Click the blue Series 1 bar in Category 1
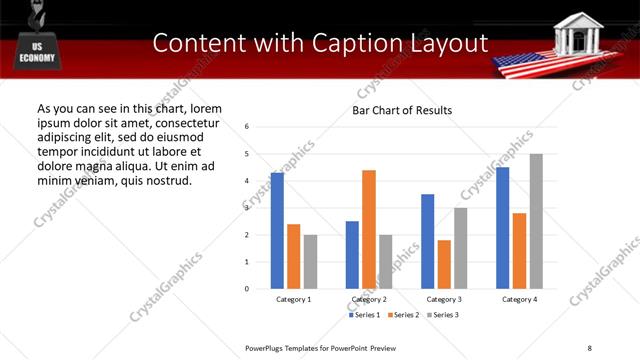277,231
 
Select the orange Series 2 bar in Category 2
369,229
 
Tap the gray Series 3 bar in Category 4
536,221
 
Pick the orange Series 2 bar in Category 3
444,264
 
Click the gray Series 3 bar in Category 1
311,261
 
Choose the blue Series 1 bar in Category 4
502,228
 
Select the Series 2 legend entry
402,315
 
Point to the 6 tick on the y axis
247,127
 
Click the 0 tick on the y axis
247,289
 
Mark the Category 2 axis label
369,299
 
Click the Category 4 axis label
519,299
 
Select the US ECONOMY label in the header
36,52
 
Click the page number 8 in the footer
590,346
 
